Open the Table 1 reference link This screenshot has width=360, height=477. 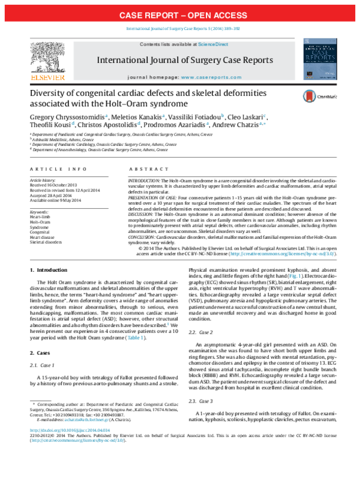point(138,338)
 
